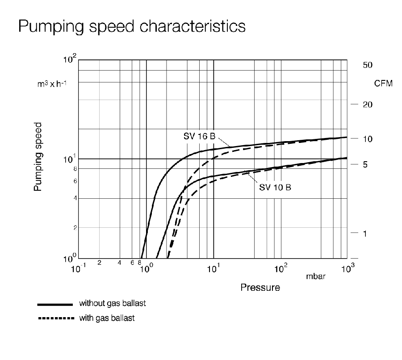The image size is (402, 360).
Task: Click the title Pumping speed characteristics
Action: tap(132, 26)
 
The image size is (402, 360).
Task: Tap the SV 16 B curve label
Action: tap(199, 136)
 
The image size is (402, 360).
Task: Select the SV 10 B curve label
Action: tap(275, 187)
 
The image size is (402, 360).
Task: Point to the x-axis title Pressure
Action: tap(260, 287)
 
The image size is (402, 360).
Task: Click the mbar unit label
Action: tap(316, 277)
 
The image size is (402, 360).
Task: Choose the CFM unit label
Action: tap(383, 84)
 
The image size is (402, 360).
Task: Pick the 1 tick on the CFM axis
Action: tap(364, 234)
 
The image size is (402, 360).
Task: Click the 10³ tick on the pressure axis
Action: tap(347, 268)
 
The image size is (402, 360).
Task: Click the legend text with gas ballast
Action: tap(106, 318)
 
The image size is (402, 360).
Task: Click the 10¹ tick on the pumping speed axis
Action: tap(71, 159)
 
